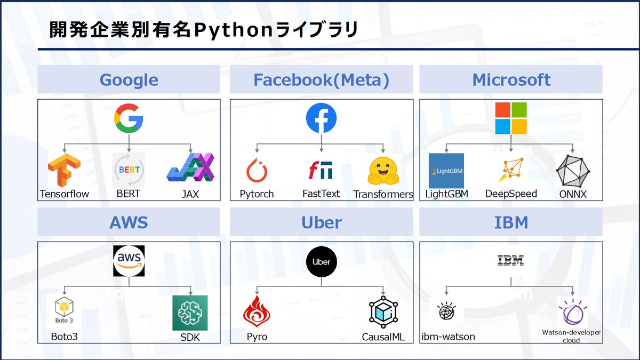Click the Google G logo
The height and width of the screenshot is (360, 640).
[129, 118]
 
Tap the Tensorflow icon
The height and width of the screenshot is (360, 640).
[64, 170]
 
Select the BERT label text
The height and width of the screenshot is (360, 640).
[128, 194]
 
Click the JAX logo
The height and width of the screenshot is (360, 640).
[190, 168]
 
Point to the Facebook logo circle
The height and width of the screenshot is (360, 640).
[321, 118]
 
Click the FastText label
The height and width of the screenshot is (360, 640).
[321, 194]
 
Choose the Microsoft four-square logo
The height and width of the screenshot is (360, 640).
[511, 118]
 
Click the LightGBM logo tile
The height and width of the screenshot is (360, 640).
[446, 171]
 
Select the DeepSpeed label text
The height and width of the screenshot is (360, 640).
[511, 194]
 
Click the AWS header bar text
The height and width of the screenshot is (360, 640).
[129, 222]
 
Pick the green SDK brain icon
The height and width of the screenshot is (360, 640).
[190, 313]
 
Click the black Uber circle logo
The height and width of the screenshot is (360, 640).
[322, 261]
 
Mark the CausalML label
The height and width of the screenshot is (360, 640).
[383, 337]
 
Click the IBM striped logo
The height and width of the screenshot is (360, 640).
[510, 261]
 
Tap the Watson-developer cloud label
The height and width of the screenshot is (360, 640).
[571, 336]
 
